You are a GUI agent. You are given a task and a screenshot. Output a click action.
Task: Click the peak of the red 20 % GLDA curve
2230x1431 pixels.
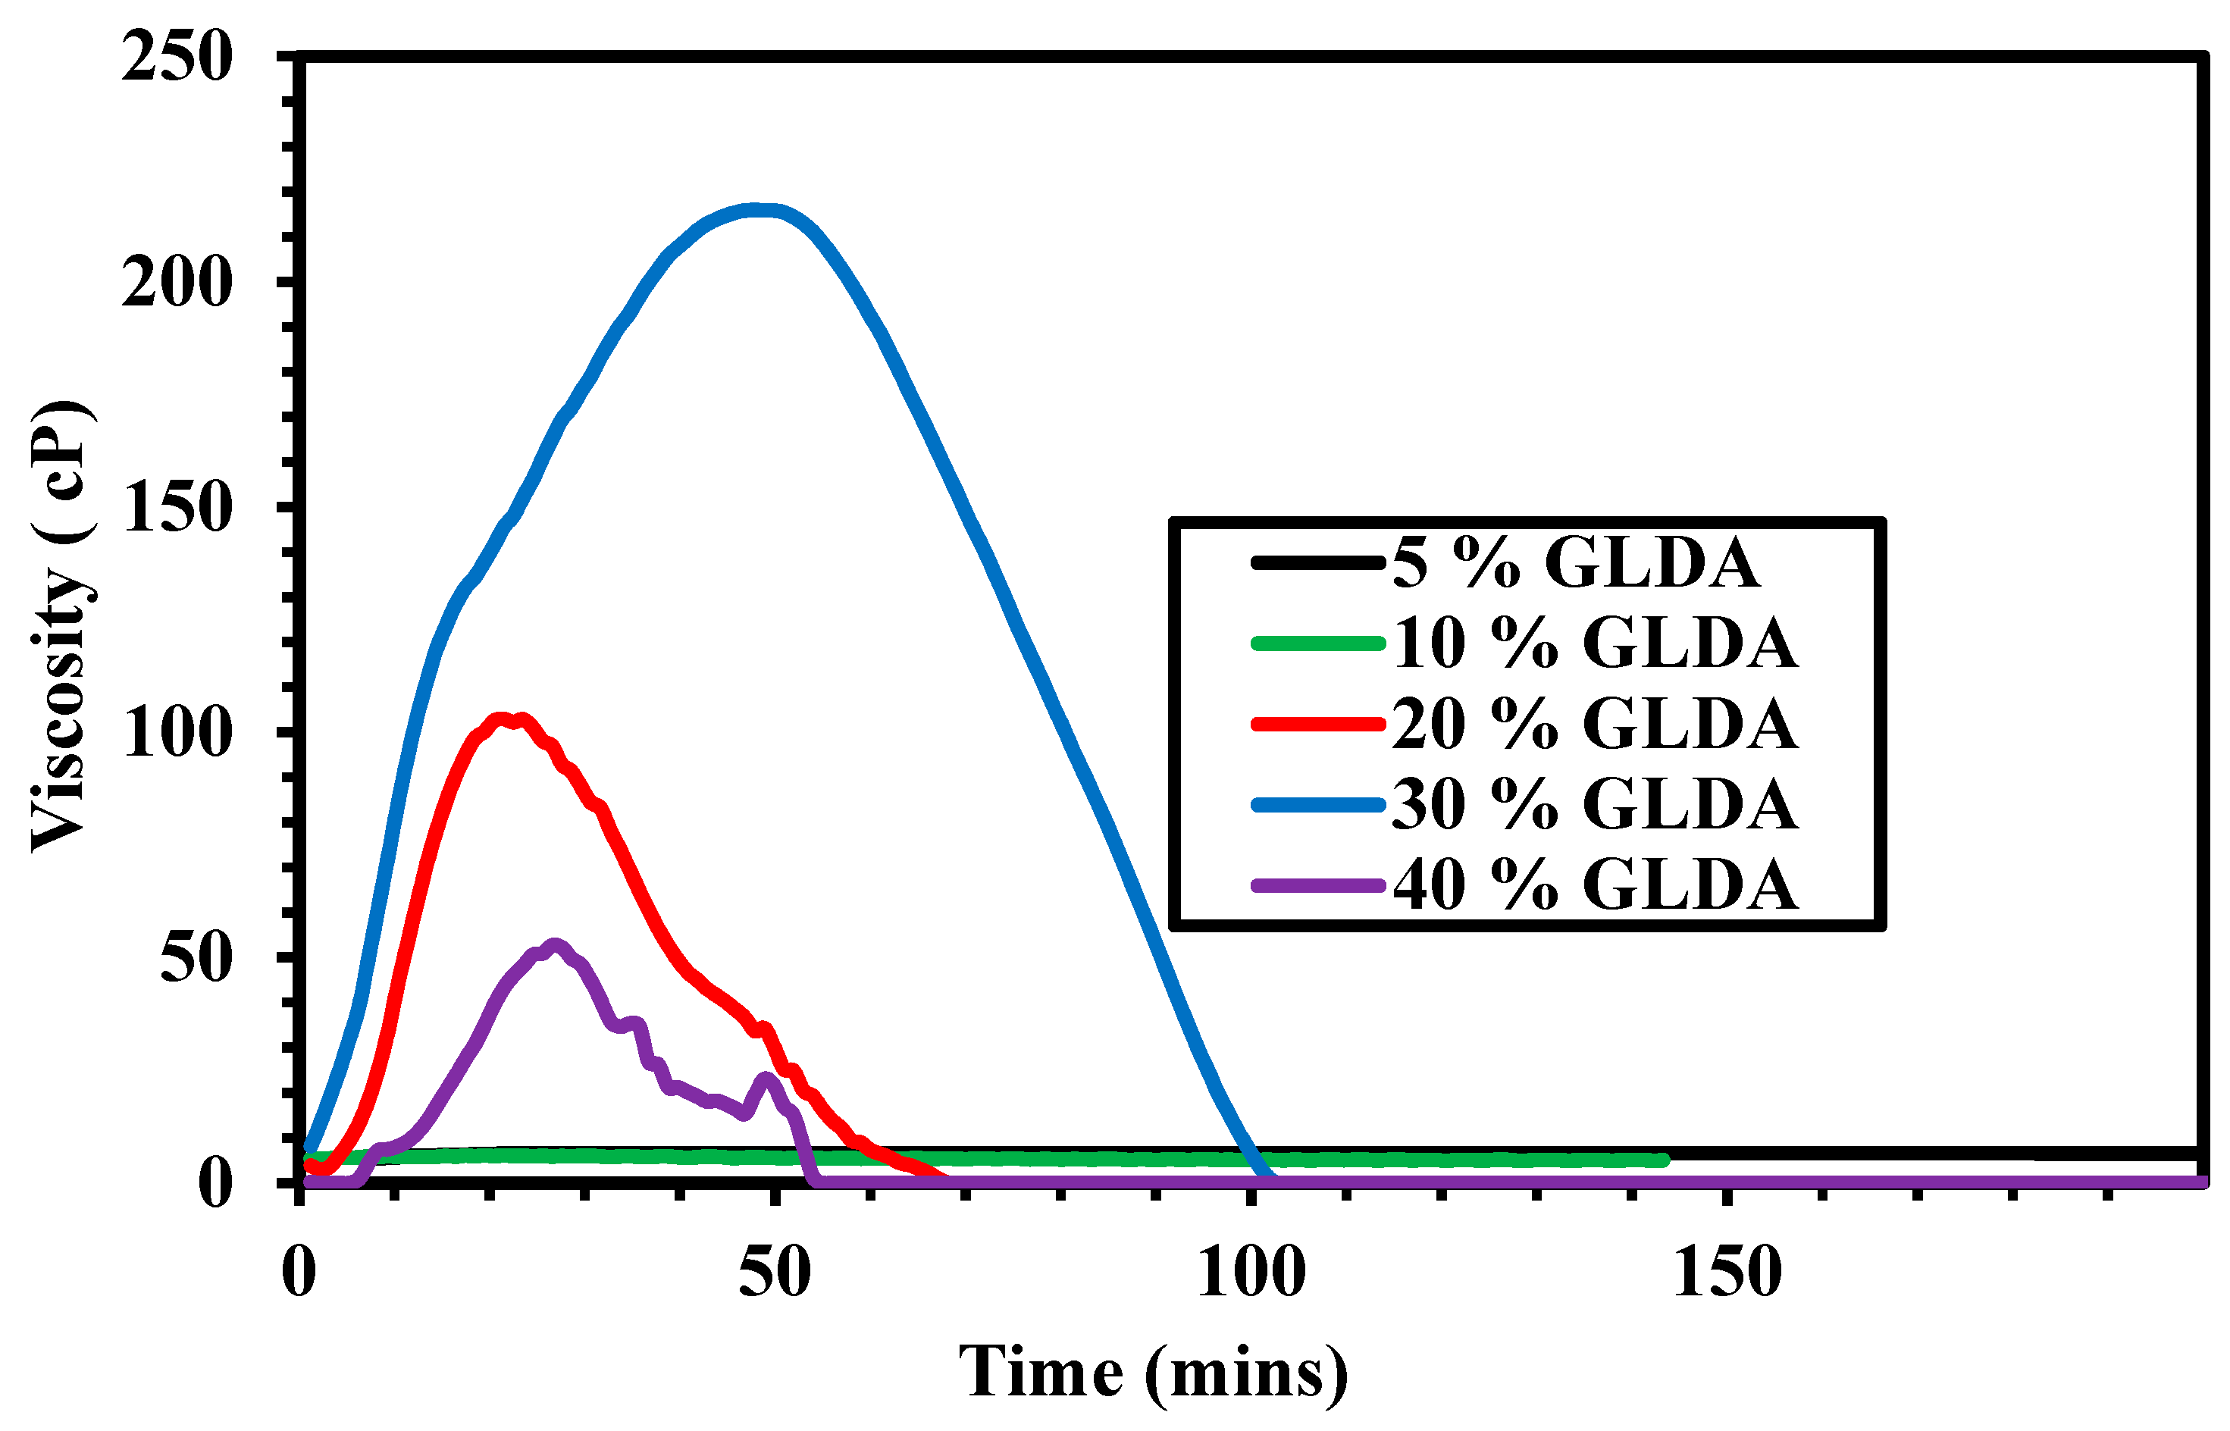point(503,719)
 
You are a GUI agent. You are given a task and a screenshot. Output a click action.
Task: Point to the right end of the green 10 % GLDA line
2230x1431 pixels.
point(1662,1160)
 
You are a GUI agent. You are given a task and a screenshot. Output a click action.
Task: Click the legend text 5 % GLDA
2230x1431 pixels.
point(1575,563)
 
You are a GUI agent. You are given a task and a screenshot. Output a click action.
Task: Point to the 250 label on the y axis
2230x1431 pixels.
point(177,58)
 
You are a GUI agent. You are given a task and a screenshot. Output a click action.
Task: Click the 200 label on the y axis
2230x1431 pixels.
point(177,283)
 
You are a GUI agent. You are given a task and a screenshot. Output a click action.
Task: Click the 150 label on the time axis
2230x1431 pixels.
point(1727,1273)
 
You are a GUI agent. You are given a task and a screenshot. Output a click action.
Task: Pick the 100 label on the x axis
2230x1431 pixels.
point(1251,1273)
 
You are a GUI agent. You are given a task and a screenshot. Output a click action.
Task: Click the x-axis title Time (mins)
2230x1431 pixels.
point(1152,1373)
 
